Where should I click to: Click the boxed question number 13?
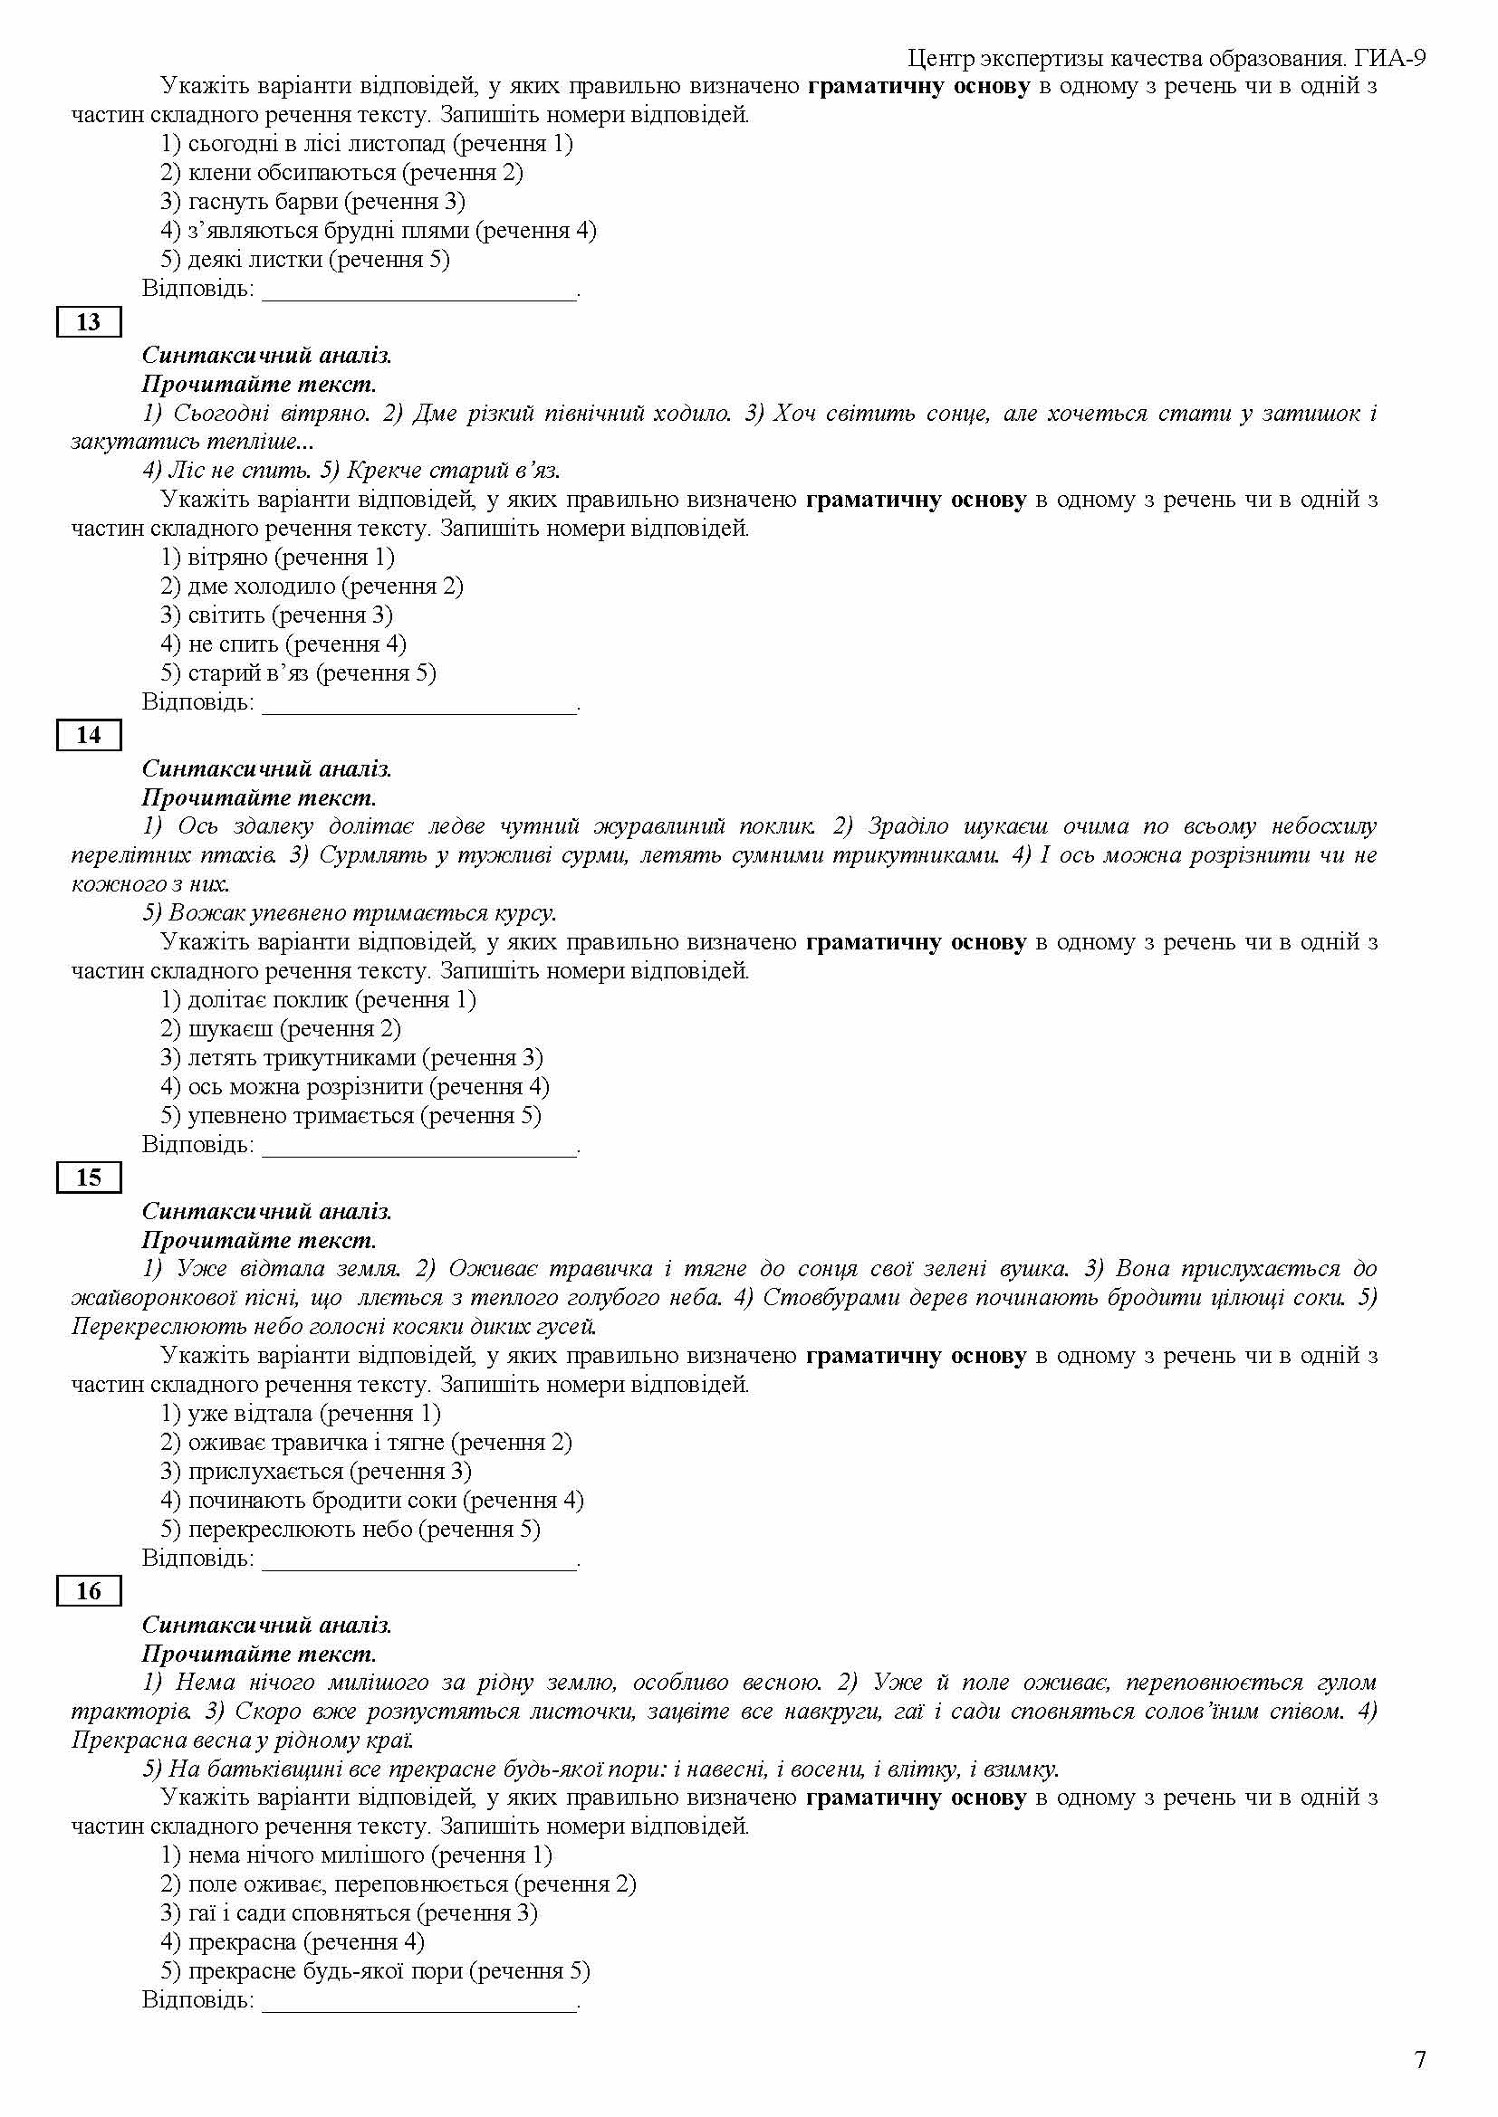point(89,322)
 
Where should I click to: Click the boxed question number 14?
point(89,735)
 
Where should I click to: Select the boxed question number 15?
point(89,1178)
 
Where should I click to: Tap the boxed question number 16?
point(89,1590)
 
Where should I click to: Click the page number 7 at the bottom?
point(1419,2059)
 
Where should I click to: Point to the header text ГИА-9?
point(1391,59)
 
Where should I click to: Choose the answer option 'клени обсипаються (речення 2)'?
point(341,173)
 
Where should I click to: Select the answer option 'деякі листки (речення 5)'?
point(304,259)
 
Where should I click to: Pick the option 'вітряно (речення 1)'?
point(277,557)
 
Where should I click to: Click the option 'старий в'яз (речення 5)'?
point(298,672)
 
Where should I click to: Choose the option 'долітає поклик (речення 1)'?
point(318,999)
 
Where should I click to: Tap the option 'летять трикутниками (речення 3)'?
point(351,1057)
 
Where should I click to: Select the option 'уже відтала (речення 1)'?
point(301,1413)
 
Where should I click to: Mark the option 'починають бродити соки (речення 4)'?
point(371,1499)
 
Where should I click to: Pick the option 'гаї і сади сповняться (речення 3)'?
point(349,1912)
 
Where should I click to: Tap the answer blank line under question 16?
point(419,2002)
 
